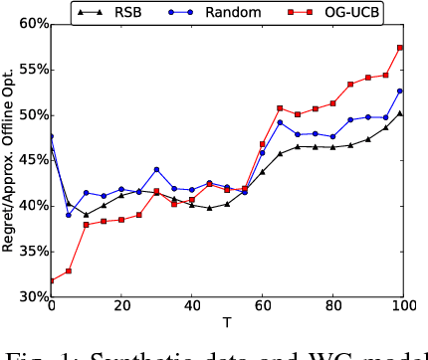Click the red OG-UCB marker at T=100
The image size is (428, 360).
point(400,48)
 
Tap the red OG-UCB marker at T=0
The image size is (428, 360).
point(52,280)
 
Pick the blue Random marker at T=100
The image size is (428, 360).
point(400,90)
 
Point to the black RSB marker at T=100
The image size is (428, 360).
point(400,112)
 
